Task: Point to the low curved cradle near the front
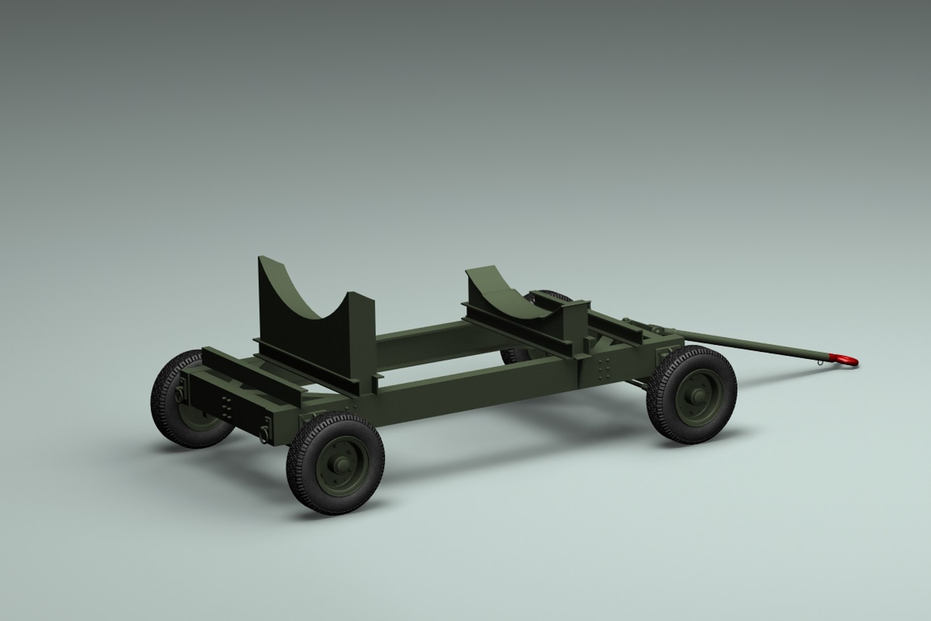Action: pyautogui.click(x=506, y=293)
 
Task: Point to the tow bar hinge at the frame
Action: pyautogui.click(x=659, y=331)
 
